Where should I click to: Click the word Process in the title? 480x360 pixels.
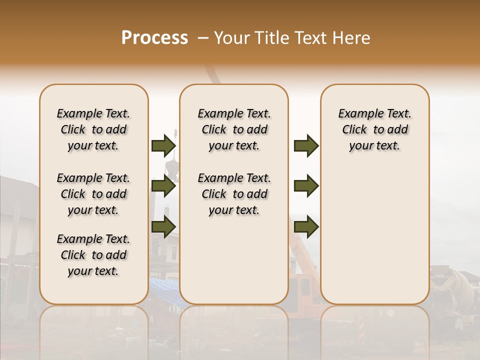154,37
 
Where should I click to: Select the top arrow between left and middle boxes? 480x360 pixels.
163,146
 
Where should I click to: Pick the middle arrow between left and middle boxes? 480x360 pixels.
163,186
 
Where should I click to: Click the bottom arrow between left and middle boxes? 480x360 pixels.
163,226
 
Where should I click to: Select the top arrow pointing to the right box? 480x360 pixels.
306,146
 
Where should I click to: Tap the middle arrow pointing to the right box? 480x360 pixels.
306,186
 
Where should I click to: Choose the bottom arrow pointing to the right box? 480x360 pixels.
306,226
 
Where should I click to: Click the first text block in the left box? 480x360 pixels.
93,129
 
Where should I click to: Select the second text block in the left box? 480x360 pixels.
93,194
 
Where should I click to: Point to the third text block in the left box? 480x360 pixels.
93,255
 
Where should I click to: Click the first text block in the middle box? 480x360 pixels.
234,129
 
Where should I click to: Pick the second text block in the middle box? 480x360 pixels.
234,194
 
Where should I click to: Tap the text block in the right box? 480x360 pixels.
375,129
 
